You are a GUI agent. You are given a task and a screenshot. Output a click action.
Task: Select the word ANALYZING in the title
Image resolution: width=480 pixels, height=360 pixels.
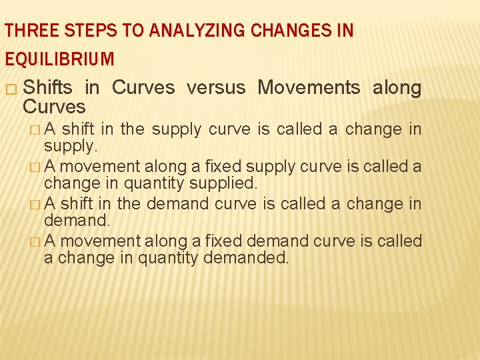tap(183, 31)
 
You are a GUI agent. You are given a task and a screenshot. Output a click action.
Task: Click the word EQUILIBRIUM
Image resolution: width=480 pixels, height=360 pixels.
tap(59, 59)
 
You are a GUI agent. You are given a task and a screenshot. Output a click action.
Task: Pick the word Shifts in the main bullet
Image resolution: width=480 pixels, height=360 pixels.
tap(47, 87)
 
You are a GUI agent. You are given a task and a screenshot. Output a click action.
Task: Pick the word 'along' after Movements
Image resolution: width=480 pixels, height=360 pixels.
tap(397, 87)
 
